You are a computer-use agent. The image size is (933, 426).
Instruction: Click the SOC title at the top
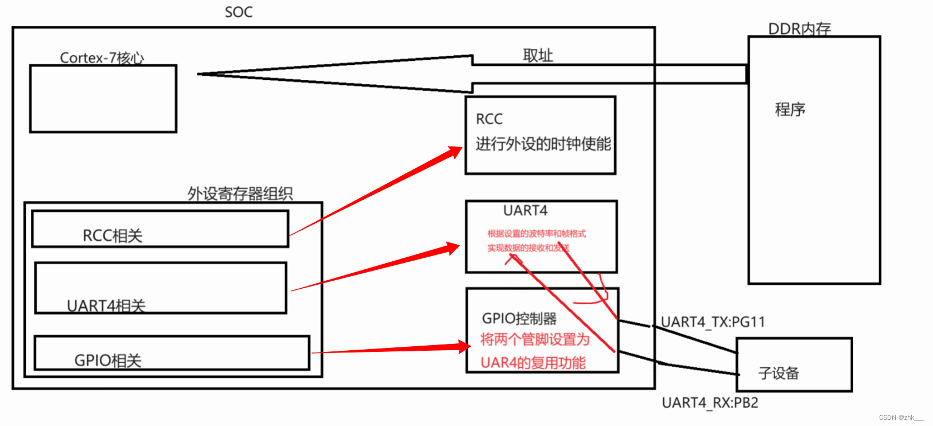click(239, 12)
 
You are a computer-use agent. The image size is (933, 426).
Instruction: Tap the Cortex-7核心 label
click(102, 58)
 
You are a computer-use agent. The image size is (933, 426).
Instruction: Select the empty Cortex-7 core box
click(103, 99)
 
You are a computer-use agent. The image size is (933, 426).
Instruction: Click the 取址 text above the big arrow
click(538, 56)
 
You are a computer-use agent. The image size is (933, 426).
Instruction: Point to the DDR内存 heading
click(799, 29)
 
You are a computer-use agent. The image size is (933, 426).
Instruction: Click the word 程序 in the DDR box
click(790, 109)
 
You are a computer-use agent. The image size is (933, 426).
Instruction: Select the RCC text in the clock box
click(489, 119)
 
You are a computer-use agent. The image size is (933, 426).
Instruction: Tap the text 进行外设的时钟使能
click(543, 144)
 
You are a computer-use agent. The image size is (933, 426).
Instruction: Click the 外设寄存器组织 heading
click(240, 193)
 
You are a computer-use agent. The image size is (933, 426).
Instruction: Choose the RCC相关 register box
click(160, 229)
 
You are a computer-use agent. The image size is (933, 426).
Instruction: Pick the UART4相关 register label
click(106, 305)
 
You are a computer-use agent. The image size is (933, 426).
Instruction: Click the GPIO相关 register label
click(108, 361)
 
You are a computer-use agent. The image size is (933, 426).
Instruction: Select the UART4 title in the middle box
click(525, 211)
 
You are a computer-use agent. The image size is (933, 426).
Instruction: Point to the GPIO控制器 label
click(519, 319)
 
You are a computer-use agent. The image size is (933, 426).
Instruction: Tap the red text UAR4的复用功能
click(533, 363)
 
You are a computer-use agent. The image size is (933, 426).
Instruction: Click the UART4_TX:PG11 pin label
click(713, 322)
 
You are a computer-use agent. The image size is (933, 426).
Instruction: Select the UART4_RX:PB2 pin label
click(710, 403)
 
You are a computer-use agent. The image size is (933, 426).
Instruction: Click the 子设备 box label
click(779, 373)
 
